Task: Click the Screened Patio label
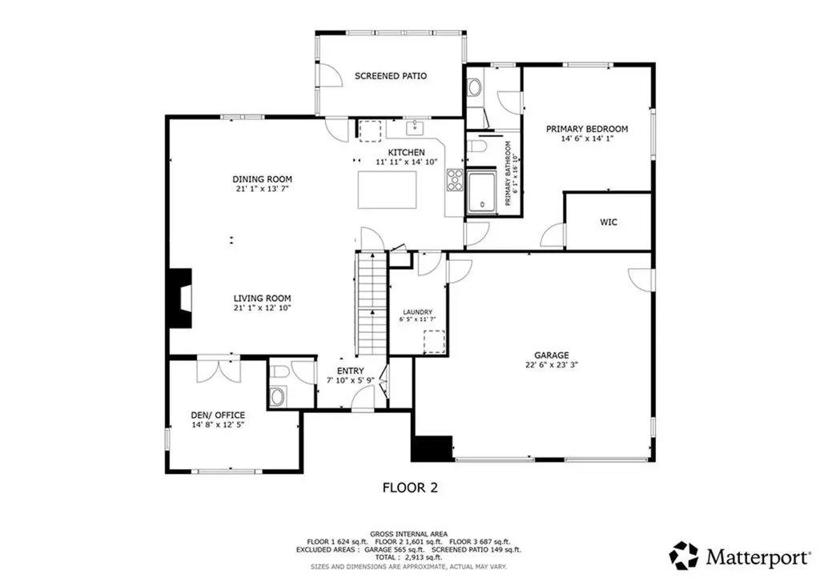[x=390, y=76]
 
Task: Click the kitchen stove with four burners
[x=455, y=181]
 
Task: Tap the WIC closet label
[x=608, y=222]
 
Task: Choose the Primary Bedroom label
[x=586, y=129]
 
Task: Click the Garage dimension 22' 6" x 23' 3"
[x=552, y=365]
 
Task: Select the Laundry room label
[x=417, y=312]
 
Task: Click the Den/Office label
[x=218, y=415]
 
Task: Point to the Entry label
[x=350, y=370]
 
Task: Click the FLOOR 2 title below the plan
[x=409, y=487]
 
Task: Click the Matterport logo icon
[x=684, y=555]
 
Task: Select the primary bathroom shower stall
[x=483, y=192]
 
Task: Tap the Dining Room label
[x=262, y=179]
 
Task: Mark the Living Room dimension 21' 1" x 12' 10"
[x=262, y=308]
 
